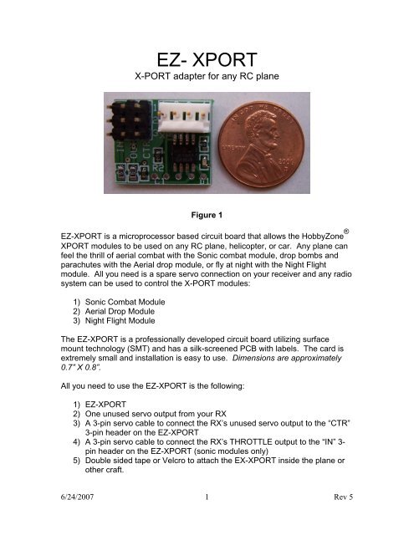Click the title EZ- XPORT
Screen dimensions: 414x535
(207, 60)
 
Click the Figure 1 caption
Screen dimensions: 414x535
(207, 213)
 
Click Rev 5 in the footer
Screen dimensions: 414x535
(332, 517)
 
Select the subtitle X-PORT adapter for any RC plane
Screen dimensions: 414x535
(207, 84)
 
